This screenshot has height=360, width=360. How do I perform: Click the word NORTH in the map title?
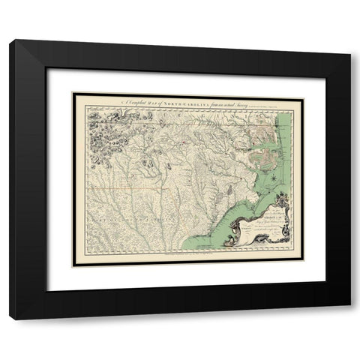178,85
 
